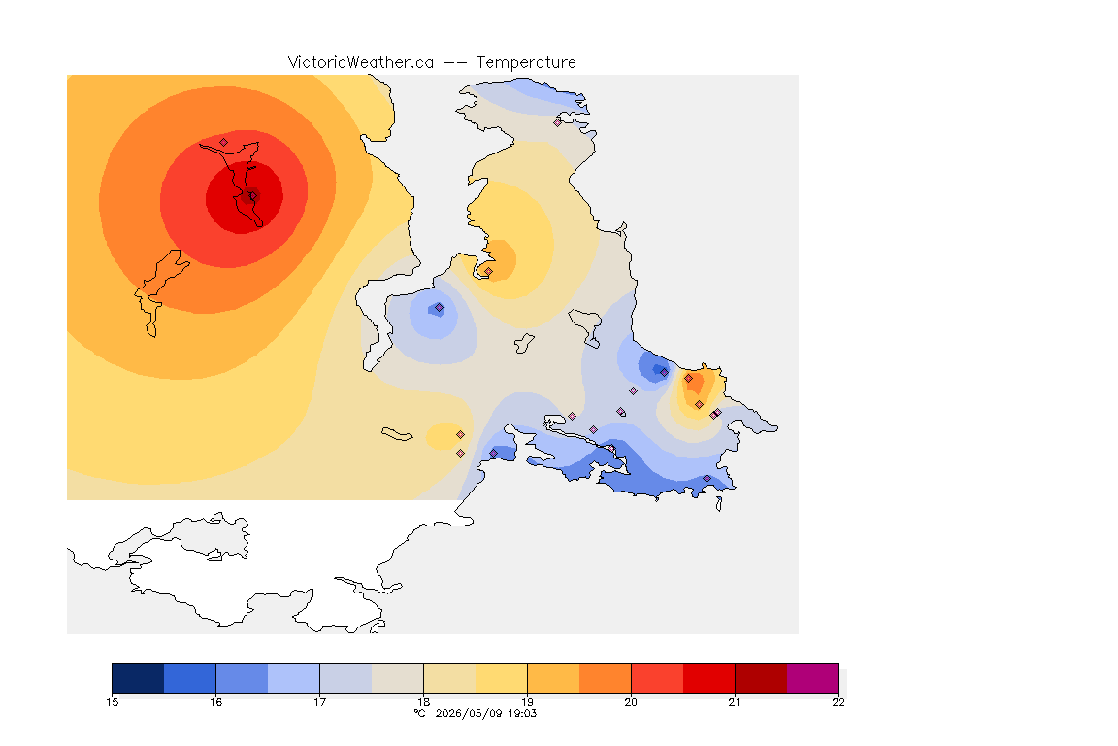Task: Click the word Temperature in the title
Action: click(x=526, y=63)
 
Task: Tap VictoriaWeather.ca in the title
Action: click(x=361, y=63)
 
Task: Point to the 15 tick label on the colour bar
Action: click(x=112, y=702)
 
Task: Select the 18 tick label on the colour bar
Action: click(x=423, y=702)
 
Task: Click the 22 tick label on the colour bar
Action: click(x=838, y=702)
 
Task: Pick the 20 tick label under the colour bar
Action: click(x=631, y=702)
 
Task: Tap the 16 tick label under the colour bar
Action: click(x=216, y=702)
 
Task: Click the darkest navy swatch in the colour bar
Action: click(x=139, y=678)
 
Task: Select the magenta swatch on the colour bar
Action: click(x=813, y=678)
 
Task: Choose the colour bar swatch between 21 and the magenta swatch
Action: click(x=761, y=678)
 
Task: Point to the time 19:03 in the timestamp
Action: click(x=521, y=713)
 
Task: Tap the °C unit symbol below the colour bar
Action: click(x=420, y=713)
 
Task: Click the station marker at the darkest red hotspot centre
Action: click(x=252, y=195)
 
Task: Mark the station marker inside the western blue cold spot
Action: click(x=440, y=308)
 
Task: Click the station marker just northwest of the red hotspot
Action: click(x=224, y=142)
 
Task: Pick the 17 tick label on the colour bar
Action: click(x=319, y=702)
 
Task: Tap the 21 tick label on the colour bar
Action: click(x=735, y=702)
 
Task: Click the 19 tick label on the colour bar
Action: click(x=527, y=702)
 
